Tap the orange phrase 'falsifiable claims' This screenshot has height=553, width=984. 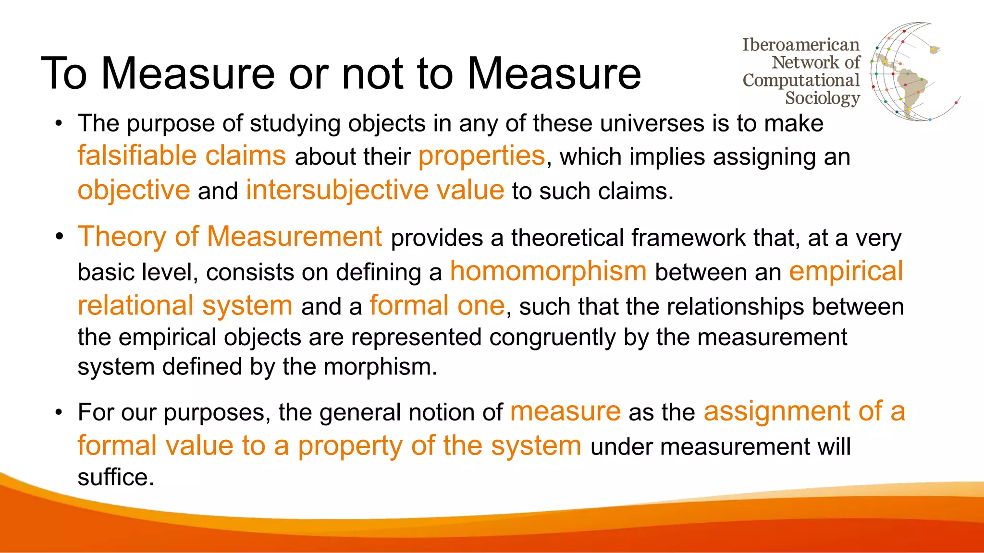click(182, 156)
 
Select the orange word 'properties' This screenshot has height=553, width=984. click(481, 156)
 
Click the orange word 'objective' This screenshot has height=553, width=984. click(134, 190)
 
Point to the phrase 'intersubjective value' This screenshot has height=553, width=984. click(375, 190)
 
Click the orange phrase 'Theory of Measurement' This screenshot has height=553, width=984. click(230, 237)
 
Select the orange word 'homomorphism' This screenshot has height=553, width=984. click(548, 271)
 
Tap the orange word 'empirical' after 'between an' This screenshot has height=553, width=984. click(846, 271)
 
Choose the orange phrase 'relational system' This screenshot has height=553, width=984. click(185, 306)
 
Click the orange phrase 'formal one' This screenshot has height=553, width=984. click(437, 306)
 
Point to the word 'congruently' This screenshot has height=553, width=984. click(553, 337)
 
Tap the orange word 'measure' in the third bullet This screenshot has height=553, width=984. click(565, 412)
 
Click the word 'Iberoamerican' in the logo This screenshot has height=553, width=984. click(800, 45)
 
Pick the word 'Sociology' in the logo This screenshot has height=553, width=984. click(822, 98)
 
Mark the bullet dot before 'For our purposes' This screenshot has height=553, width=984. click(59, 412)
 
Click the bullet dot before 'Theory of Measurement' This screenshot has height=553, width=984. click(59, 237)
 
